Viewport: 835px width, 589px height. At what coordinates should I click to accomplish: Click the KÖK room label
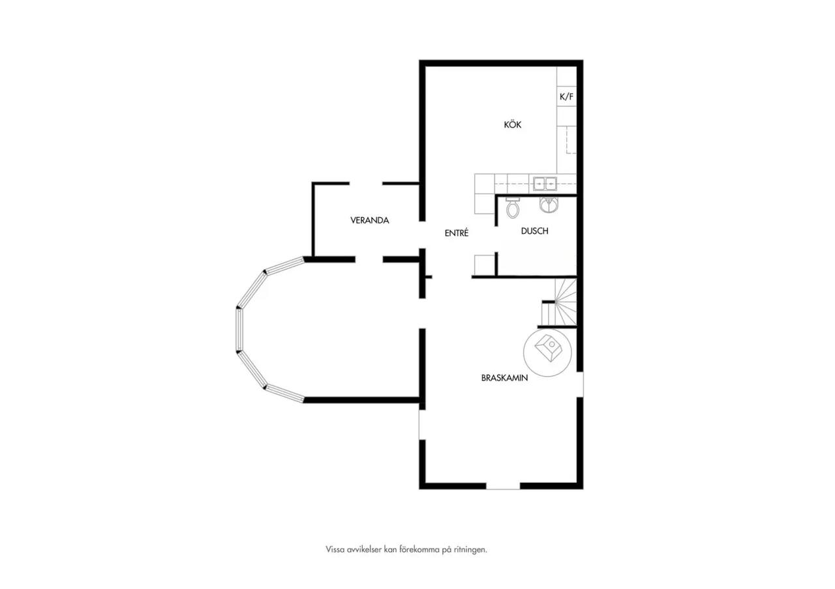513,124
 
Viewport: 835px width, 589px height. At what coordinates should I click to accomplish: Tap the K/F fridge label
567,97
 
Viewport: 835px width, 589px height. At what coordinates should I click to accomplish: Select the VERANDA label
370,220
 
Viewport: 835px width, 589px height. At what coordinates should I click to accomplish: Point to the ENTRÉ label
457,233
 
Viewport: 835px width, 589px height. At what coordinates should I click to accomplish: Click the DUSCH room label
534,231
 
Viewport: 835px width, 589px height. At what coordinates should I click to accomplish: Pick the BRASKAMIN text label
504,379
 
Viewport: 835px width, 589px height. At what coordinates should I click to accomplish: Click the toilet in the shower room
513,208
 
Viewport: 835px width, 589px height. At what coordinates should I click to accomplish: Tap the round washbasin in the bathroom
549,205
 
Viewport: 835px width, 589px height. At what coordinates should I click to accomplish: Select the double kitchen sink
545,184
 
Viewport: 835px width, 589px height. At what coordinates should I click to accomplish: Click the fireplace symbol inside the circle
547,348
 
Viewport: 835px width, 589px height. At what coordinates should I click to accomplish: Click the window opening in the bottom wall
503,486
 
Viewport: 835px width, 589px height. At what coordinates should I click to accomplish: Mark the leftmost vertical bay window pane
239,330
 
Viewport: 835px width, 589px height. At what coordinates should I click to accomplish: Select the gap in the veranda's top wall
366,184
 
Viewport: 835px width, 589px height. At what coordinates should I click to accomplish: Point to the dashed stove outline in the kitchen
571,140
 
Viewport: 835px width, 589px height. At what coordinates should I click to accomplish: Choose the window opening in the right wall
580,384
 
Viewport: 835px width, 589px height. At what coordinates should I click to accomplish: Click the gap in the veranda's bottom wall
369,259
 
